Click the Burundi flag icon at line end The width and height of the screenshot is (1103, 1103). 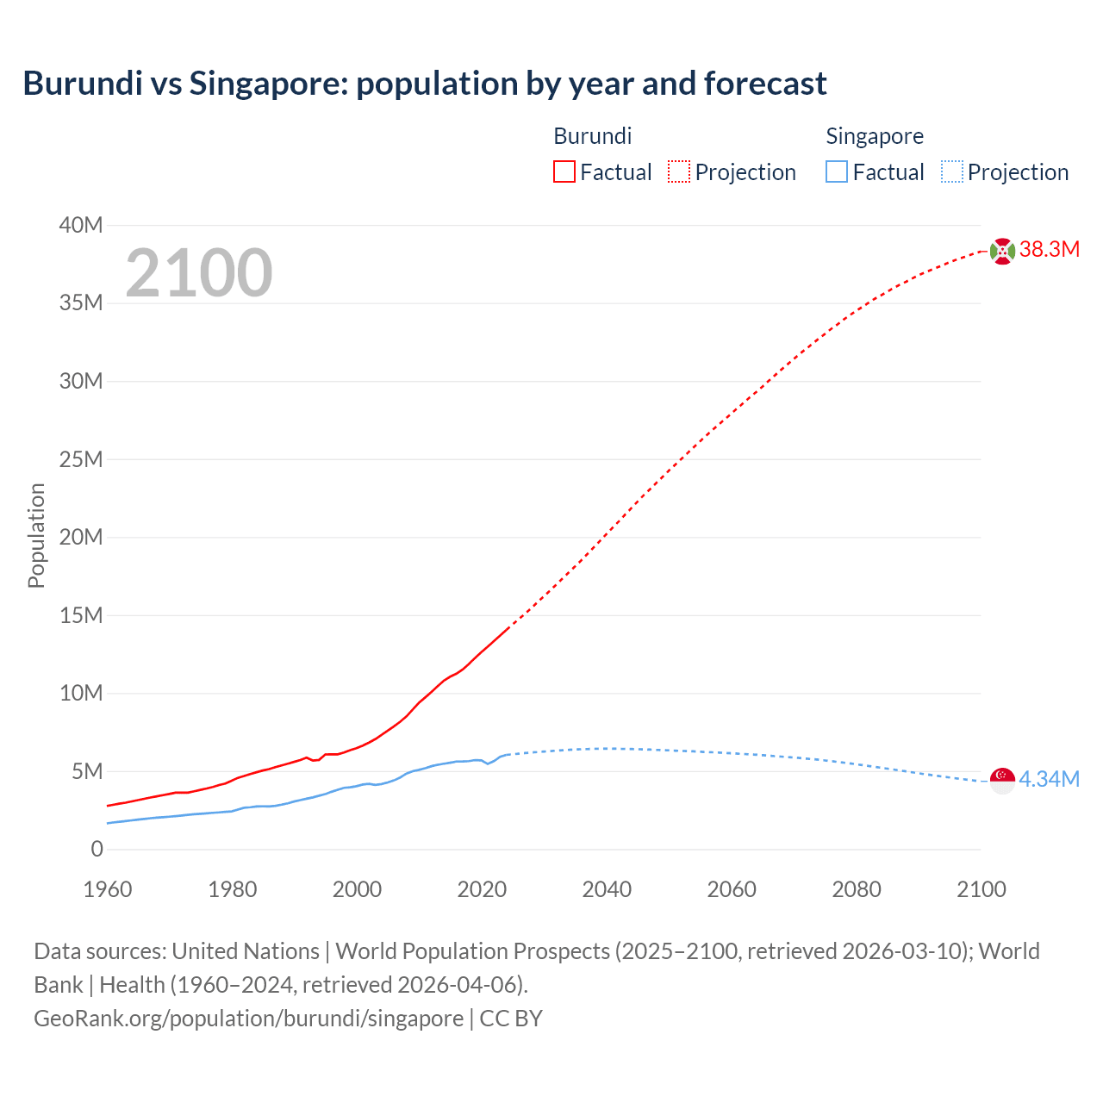pyautogui.click(x=1002, y=251)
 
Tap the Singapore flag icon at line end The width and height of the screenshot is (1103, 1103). pyautogui.click(x=1002, y=780)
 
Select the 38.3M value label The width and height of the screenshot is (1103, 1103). pyautogui.click(x=1049, y=250)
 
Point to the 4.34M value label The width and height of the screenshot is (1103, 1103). pyautogui.click(x=1049, y=779)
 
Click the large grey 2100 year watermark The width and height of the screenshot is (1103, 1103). pyautogui.click(x=199, y=273)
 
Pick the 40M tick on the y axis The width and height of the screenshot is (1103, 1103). pyautogui.click(x=80, y=226)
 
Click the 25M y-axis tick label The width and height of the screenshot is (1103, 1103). pyautogui.click(x=80, y=459)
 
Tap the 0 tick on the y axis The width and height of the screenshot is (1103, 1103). pyautogui.click(x=97, y=849)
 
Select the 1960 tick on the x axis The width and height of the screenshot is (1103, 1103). pyautogui.click(x=108, y=889)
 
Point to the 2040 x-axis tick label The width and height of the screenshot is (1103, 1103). pyautogui.click(x=607, y=889)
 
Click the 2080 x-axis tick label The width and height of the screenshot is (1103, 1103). pyautogui.click(x=857, y=889)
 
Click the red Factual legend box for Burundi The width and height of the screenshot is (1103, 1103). pyautogui.click(x=564, y=171)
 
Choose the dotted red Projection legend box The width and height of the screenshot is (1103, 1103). pyautogui.click(x=679, y=171)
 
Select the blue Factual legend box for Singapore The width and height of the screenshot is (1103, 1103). pyautogui.click(x=837, y=171)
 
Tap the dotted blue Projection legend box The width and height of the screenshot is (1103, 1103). pyautogui.click(x=951, y=171)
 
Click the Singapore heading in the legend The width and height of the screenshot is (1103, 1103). pyautogui.click(x=874, y=136)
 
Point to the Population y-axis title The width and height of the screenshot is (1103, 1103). pyautogui.click(x=36, y=535)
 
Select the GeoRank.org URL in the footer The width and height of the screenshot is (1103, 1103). pyautogui.click(x=248, y=1018)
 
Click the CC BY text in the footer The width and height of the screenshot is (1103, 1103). pyautogui.click(x=511, y=1018)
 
